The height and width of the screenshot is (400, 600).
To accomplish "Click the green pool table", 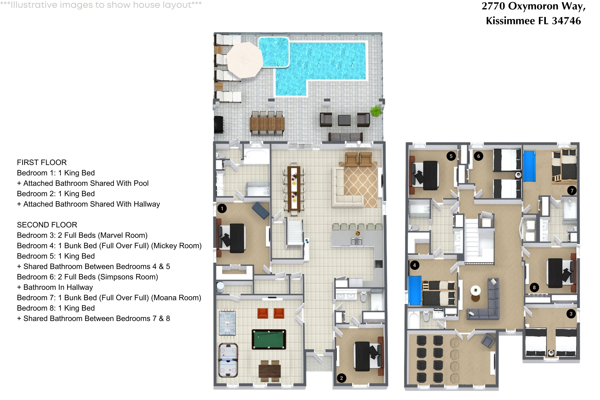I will click(269, 339).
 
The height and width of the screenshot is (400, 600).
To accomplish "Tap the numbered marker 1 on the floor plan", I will click(222, 209).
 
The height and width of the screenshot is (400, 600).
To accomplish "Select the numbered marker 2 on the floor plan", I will click(341, 378).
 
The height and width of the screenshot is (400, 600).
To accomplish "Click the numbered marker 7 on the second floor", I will click(572, 191).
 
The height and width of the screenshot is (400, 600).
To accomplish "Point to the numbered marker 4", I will click(414, 265).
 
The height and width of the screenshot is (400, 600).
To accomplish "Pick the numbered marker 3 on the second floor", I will click(571, 314).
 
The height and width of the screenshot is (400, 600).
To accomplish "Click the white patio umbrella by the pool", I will click(245, 60).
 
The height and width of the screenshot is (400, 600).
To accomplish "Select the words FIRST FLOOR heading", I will click(42, 162).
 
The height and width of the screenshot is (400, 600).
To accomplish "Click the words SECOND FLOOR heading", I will click(47, 225).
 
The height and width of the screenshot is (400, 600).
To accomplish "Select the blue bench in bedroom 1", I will click(260, 210).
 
